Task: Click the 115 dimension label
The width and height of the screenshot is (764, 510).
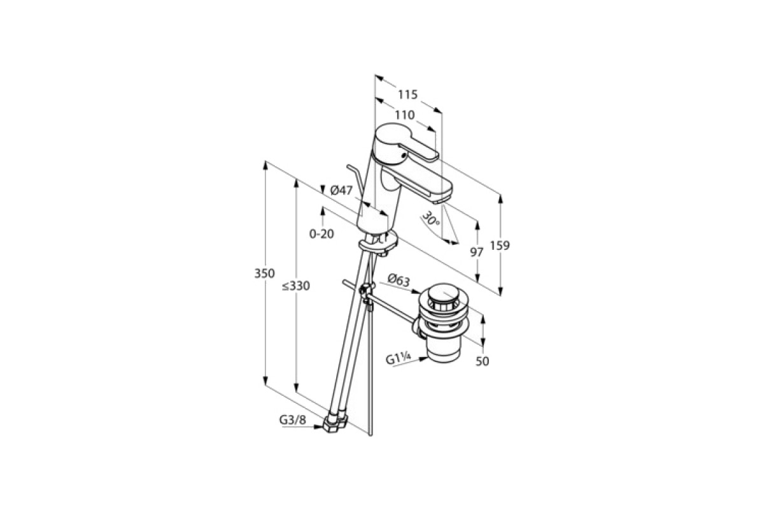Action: pyautogui.click(x=407, y=94)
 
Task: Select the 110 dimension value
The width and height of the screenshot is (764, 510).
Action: pyautogui.click(x=405, y=115)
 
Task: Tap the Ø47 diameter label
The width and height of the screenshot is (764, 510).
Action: pyautogui.click(x=341, y=190)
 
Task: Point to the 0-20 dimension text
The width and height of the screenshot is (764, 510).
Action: pyautogui.click(x=322, y=234)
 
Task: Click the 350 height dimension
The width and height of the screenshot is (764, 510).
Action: pyautogui.click(x=264, y=273)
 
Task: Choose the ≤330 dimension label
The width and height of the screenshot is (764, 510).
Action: pyautogui.click(x=295, y=286)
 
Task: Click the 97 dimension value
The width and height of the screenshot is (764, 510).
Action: pyautogui.click(x=477, y=252)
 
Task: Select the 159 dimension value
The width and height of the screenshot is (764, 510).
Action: pyautogui.click(x=500, y=245)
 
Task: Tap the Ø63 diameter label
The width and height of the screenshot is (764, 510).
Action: pyautogui.click(x=399, y=280)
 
